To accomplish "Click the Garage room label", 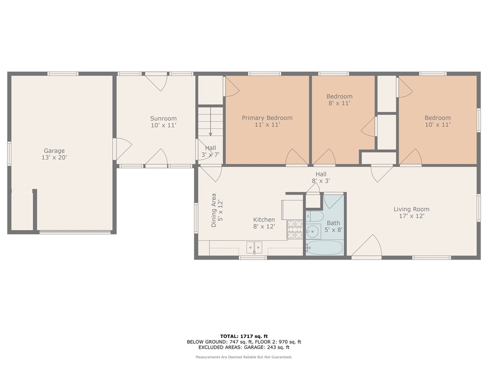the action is [x=54, y=151].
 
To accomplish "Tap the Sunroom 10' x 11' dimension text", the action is [x=164, y=125].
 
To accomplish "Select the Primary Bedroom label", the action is [x=267, y=117].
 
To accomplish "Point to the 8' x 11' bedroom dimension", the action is [x=339, y=103].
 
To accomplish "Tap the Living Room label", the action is [x=411, y=209].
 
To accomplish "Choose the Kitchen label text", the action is [x=264, y=220].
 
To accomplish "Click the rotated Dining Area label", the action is [x=214, y=210].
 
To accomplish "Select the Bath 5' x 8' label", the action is [x=334, y=226].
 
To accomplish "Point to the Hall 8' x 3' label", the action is [x=321, y=177].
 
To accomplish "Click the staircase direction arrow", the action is [x=210, y=121].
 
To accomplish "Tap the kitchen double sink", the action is [x=254, y=248].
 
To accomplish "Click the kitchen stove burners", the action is [x=295, y=230].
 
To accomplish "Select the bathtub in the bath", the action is [x=324, y=248].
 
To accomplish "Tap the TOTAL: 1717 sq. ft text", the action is [x=244, y=336].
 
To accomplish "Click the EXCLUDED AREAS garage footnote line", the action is [x=244, y=347].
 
